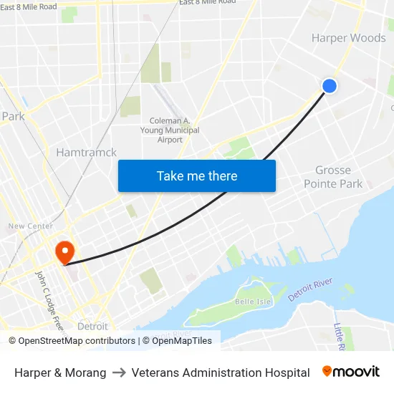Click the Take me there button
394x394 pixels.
[x=197, y=176]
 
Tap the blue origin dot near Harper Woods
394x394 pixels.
[x=330, y=86]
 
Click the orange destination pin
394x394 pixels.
[x=64, y=252]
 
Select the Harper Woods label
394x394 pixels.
[x=349, y=38]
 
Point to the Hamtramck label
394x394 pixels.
[x=86, y=152]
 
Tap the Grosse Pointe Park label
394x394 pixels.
[x=333, y=177]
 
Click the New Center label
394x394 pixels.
[x=31, y=226]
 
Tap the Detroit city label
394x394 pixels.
[x=92, y=326]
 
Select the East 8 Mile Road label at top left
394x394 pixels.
[x=29, y=6]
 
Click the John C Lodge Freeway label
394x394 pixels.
[x=51, y=301]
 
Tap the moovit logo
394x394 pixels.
[x=351, y=372]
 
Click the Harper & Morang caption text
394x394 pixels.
[x=60, y=373]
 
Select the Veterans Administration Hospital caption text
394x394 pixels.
[x=221, y=373]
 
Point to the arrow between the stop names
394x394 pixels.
[x=119, y=373]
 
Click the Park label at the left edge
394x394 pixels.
[x=13, y=116]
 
